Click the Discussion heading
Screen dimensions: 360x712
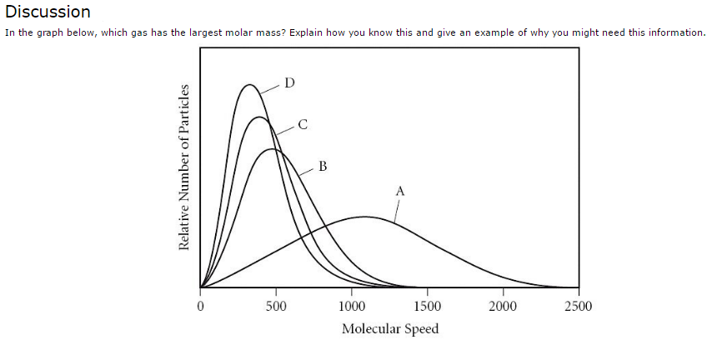click(x=48, y=12)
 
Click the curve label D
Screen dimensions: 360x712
click(x=289, y=82)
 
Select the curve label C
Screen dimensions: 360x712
click(x=303, y=125)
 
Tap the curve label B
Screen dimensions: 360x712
click(x=323, y=166)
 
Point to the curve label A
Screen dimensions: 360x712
click(x=400, y=191)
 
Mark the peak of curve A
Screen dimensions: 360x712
click(x=365, y=217)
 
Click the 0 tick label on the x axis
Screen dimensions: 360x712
click(x=200, y=306)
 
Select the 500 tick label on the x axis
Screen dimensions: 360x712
click(x=276, y=306)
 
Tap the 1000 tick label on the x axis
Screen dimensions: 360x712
click(x=352, y=306)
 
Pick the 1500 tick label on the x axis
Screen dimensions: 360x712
click(x=428, y=306)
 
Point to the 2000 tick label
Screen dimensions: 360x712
click(x=503, y=306)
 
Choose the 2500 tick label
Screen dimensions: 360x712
click(x=578, y=306)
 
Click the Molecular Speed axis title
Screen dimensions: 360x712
click(x=389, y=328)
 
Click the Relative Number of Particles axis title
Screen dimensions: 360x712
click(x=183, y=167)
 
